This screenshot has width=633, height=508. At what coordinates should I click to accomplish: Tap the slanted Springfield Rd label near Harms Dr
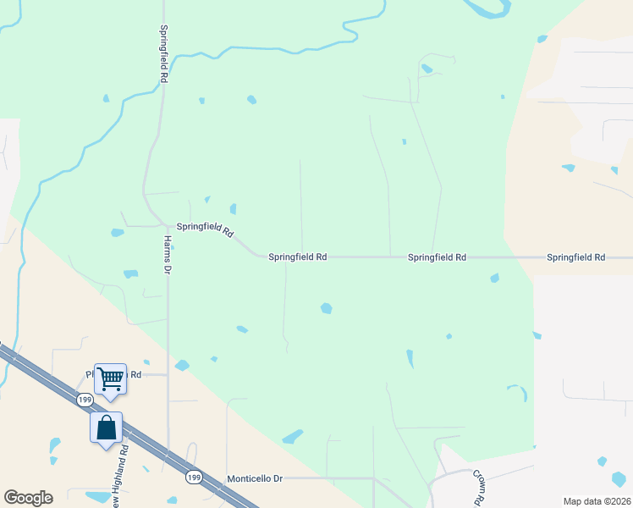coord(205,229)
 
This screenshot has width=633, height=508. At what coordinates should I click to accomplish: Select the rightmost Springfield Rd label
coord(575,257)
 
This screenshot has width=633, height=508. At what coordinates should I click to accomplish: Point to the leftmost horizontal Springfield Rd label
coord(297,257)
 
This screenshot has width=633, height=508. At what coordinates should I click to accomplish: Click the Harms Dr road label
coord(167,254)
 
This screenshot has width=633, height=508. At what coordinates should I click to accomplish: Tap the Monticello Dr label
coord(254,478)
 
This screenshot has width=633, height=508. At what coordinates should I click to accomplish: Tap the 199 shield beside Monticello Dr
coord(194,477)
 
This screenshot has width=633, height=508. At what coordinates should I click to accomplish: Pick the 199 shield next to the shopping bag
coord(84,399)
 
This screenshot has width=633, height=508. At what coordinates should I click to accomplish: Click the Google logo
coord(28,498)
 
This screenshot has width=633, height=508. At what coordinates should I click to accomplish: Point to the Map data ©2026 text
coord(596,501)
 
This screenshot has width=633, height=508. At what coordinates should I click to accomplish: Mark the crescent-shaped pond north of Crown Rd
coord(519,391)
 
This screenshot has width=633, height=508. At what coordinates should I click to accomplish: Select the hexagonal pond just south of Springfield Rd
coord(326,308)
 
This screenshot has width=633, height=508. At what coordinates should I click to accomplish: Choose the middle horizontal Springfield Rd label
coord(437,257)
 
